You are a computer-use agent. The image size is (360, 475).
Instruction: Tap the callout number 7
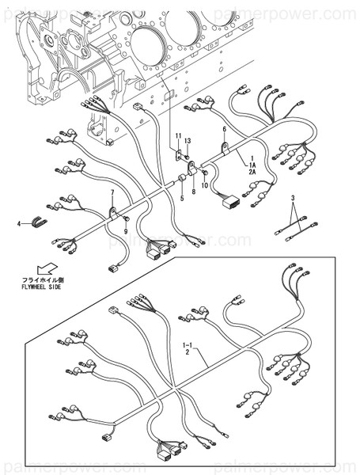click(112, 193)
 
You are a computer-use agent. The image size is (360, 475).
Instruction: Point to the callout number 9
click(124, 230)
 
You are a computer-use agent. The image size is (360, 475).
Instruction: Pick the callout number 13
click(188, 141)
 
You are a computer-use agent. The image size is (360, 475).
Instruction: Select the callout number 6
click(224, 129)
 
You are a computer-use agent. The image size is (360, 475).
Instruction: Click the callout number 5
click(180, 198)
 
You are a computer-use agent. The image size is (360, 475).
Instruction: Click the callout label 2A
click(252, 171)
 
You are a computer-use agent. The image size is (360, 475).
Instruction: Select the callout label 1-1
click(187, 345)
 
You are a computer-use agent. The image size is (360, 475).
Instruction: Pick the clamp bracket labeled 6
click(225, 146)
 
